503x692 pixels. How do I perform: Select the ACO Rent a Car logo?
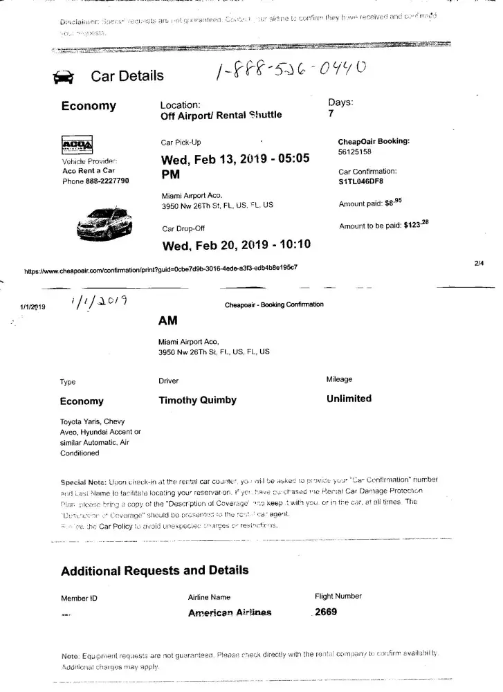(77, 146)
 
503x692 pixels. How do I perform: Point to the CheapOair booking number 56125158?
(354, 152)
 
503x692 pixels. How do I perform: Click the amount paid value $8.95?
(393, 203)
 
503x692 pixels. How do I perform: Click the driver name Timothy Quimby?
(197, 400)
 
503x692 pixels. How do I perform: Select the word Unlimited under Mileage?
(349, 399)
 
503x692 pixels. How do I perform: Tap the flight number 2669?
(326, 612)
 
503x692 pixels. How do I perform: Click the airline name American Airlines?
(230, 612)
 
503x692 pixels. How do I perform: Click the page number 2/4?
(479, 263)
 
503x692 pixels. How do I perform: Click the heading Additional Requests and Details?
(154, 570)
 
